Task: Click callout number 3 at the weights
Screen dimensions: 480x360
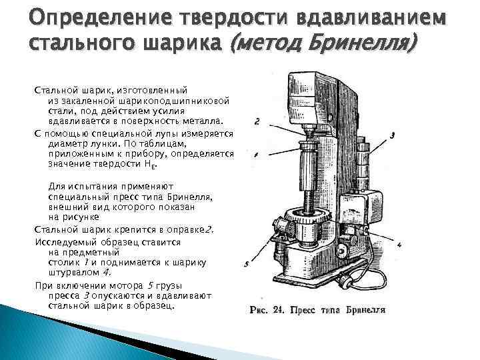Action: coord(393,135)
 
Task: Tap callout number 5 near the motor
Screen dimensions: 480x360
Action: coord(247,264)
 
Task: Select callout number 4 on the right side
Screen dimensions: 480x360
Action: coord(398,245)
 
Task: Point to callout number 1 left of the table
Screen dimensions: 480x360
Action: coord(256,154)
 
